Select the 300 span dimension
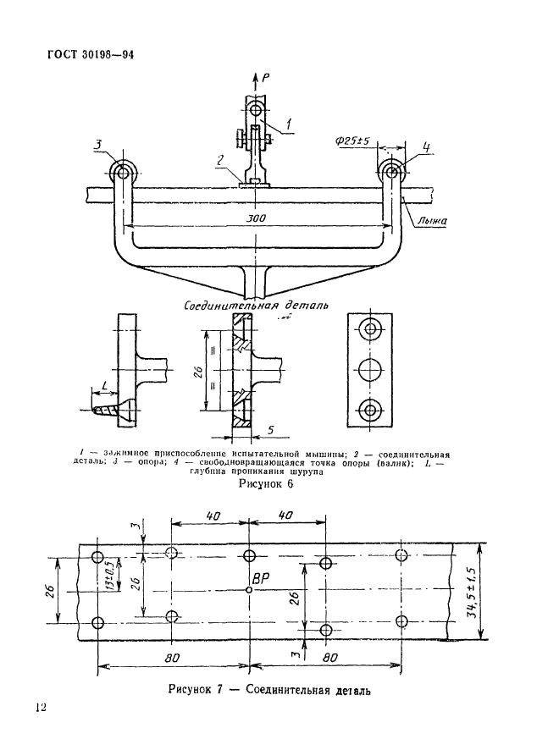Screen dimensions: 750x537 [x=257, y=218]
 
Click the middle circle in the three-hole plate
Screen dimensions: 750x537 [x=369, y=369]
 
